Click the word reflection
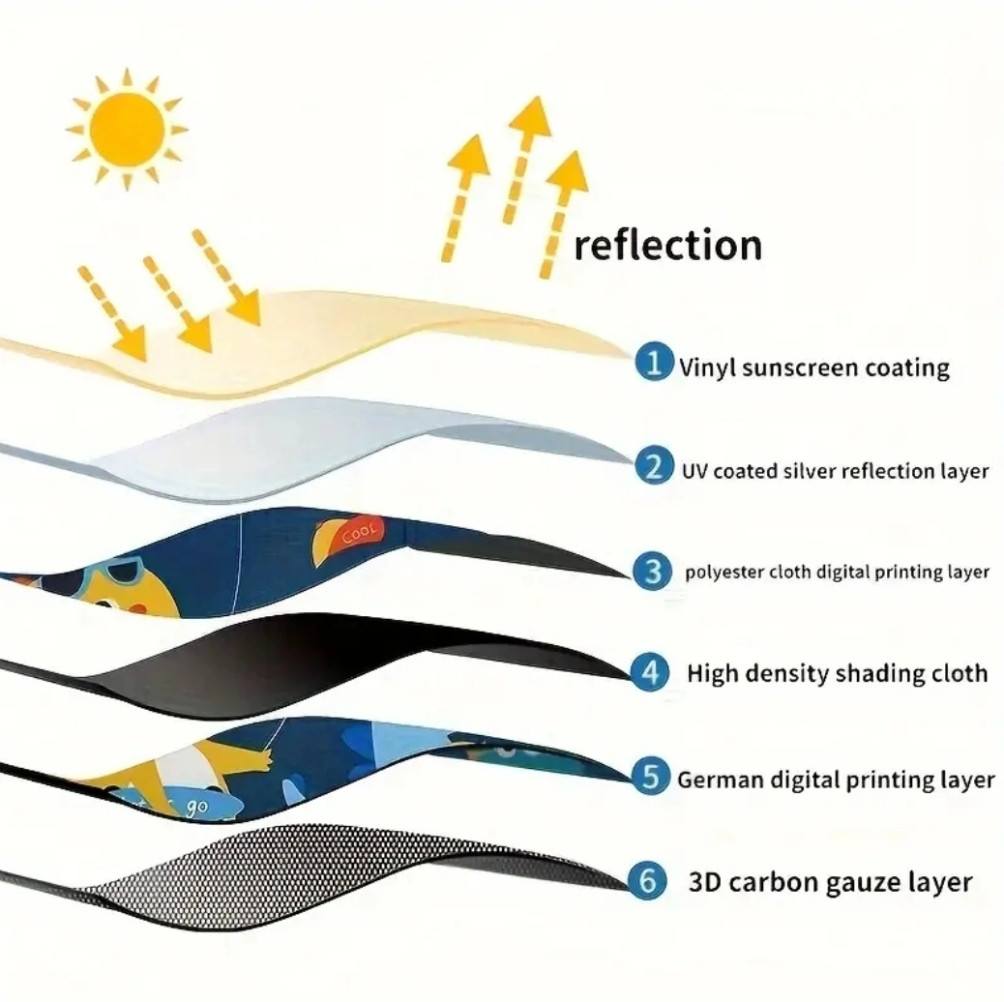(x=667, y=245)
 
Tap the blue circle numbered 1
(x=654, y=362)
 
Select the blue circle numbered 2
(x=654, y=465)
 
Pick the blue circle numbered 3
(x=653, y=571)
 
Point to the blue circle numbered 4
(x=651, y=672)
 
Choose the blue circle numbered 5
(x=651, y=776)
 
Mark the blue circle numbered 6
(x=648, y=880)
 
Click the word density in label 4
(x=787, y=674)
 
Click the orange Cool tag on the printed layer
(x=356, y=534)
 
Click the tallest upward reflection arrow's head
(x=531, y=116)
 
